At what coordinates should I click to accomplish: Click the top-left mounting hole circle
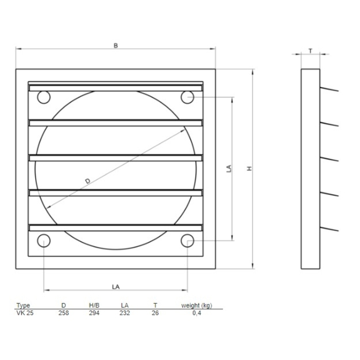tap(44, 97)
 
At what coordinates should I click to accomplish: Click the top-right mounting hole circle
tap(187, 96)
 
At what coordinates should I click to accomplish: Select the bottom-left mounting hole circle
tap(44, 241)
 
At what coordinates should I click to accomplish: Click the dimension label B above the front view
tap(116, 45)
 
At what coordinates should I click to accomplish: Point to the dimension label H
tap(249, 169)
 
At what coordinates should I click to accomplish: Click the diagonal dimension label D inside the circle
tap(87, 181)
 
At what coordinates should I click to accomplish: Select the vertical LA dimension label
tap(229, 168)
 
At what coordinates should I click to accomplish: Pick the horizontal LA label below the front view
tap(116, 286)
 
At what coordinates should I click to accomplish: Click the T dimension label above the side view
tap(311, 49)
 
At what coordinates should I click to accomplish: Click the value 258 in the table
tap(62, 312)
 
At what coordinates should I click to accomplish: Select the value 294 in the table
tap(94, 312)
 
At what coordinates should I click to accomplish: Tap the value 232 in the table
tap(124, 312)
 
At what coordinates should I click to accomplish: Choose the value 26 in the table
tap(155, 312)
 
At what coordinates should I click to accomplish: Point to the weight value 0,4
tap(196, 312)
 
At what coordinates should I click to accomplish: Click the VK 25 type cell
tap(25, 312)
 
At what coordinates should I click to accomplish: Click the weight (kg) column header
tap(196, 306)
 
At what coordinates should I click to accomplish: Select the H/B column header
tap(94, 306)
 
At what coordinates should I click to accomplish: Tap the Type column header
tap(23, 306)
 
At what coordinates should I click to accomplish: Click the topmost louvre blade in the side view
tap(329, 89)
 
